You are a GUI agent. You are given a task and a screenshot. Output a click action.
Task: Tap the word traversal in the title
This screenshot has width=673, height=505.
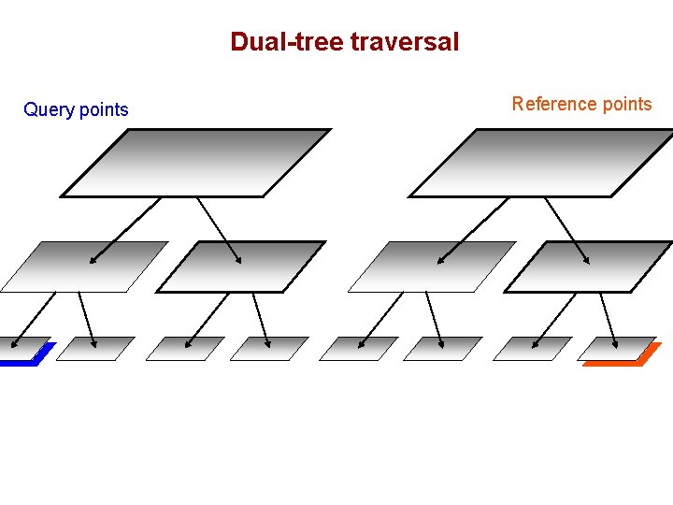coord(405,42)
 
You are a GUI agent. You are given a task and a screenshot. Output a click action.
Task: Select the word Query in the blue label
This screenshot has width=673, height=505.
coord(48,110)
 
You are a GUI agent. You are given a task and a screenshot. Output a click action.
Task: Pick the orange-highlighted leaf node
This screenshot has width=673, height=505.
coord(619,350)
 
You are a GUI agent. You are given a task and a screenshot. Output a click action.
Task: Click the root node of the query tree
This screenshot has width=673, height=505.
coord(196,163)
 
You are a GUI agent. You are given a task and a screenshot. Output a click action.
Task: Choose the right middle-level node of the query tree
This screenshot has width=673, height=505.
coord(241,267)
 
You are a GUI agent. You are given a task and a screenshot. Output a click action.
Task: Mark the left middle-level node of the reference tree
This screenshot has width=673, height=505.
coord(431,267)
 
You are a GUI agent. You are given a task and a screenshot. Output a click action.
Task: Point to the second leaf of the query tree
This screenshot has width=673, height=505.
coord(96,348)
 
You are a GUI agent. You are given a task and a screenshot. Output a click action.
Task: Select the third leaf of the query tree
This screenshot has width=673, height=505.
coord(185,348)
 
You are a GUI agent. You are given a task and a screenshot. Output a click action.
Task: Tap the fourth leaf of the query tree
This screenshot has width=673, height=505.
coord(269,348)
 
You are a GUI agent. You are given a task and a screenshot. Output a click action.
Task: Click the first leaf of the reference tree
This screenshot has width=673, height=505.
coord(358,348)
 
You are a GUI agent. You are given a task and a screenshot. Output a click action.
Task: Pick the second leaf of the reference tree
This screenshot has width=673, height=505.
coord(443,348)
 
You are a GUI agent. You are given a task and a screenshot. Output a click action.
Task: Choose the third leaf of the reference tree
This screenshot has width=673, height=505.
coord(532,348)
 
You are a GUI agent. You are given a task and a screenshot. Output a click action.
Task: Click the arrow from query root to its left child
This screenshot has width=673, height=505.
coord(126,229)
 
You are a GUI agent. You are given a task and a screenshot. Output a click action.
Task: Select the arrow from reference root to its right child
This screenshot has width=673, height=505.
coord(566,229)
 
